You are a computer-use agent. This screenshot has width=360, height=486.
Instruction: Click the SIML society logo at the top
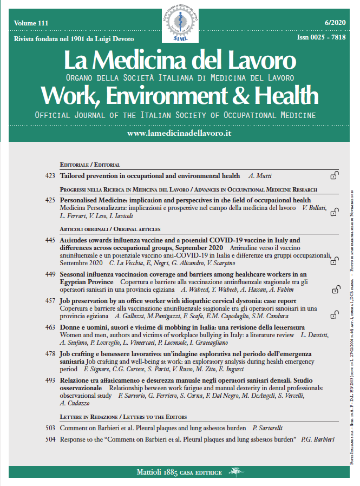coord(180,23)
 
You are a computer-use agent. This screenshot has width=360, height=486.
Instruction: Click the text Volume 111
coord(32,23)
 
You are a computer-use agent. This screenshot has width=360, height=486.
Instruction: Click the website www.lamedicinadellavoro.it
coord(179,133)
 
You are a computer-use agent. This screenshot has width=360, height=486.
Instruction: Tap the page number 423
coord(51,176)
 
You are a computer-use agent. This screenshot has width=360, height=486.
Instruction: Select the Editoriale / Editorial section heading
coord(90,165)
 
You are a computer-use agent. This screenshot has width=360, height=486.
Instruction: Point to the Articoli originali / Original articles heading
coord(110,229)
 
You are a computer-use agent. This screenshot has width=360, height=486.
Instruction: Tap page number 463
coord(51,327)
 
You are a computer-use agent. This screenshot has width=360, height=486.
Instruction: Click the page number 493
coord(51,380)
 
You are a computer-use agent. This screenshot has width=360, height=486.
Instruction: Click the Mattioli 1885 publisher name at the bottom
coord(179,472)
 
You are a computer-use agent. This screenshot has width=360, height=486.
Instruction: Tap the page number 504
coord(51,439)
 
